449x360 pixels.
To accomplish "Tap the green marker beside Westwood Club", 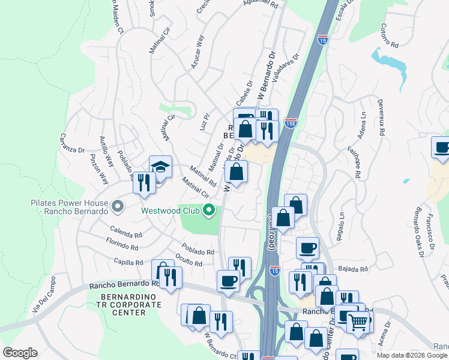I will click(x=209, y=210).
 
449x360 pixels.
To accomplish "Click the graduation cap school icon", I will click(x=161, y=166).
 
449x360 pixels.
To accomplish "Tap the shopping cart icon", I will click(x=358, y=322).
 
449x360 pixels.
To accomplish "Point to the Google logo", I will click(x=20, y=353).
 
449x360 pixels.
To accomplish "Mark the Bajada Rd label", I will click(x=352, y=269).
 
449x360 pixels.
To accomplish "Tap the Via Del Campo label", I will click(x=43, y=296).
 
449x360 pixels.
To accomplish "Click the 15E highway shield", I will click(x=291, y=122).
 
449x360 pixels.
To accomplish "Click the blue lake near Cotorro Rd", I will click(x=390, y=58).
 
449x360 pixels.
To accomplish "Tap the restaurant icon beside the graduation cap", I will click(x=143, y=182).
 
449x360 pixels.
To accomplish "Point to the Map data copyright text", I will click(x=412, y=355).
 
